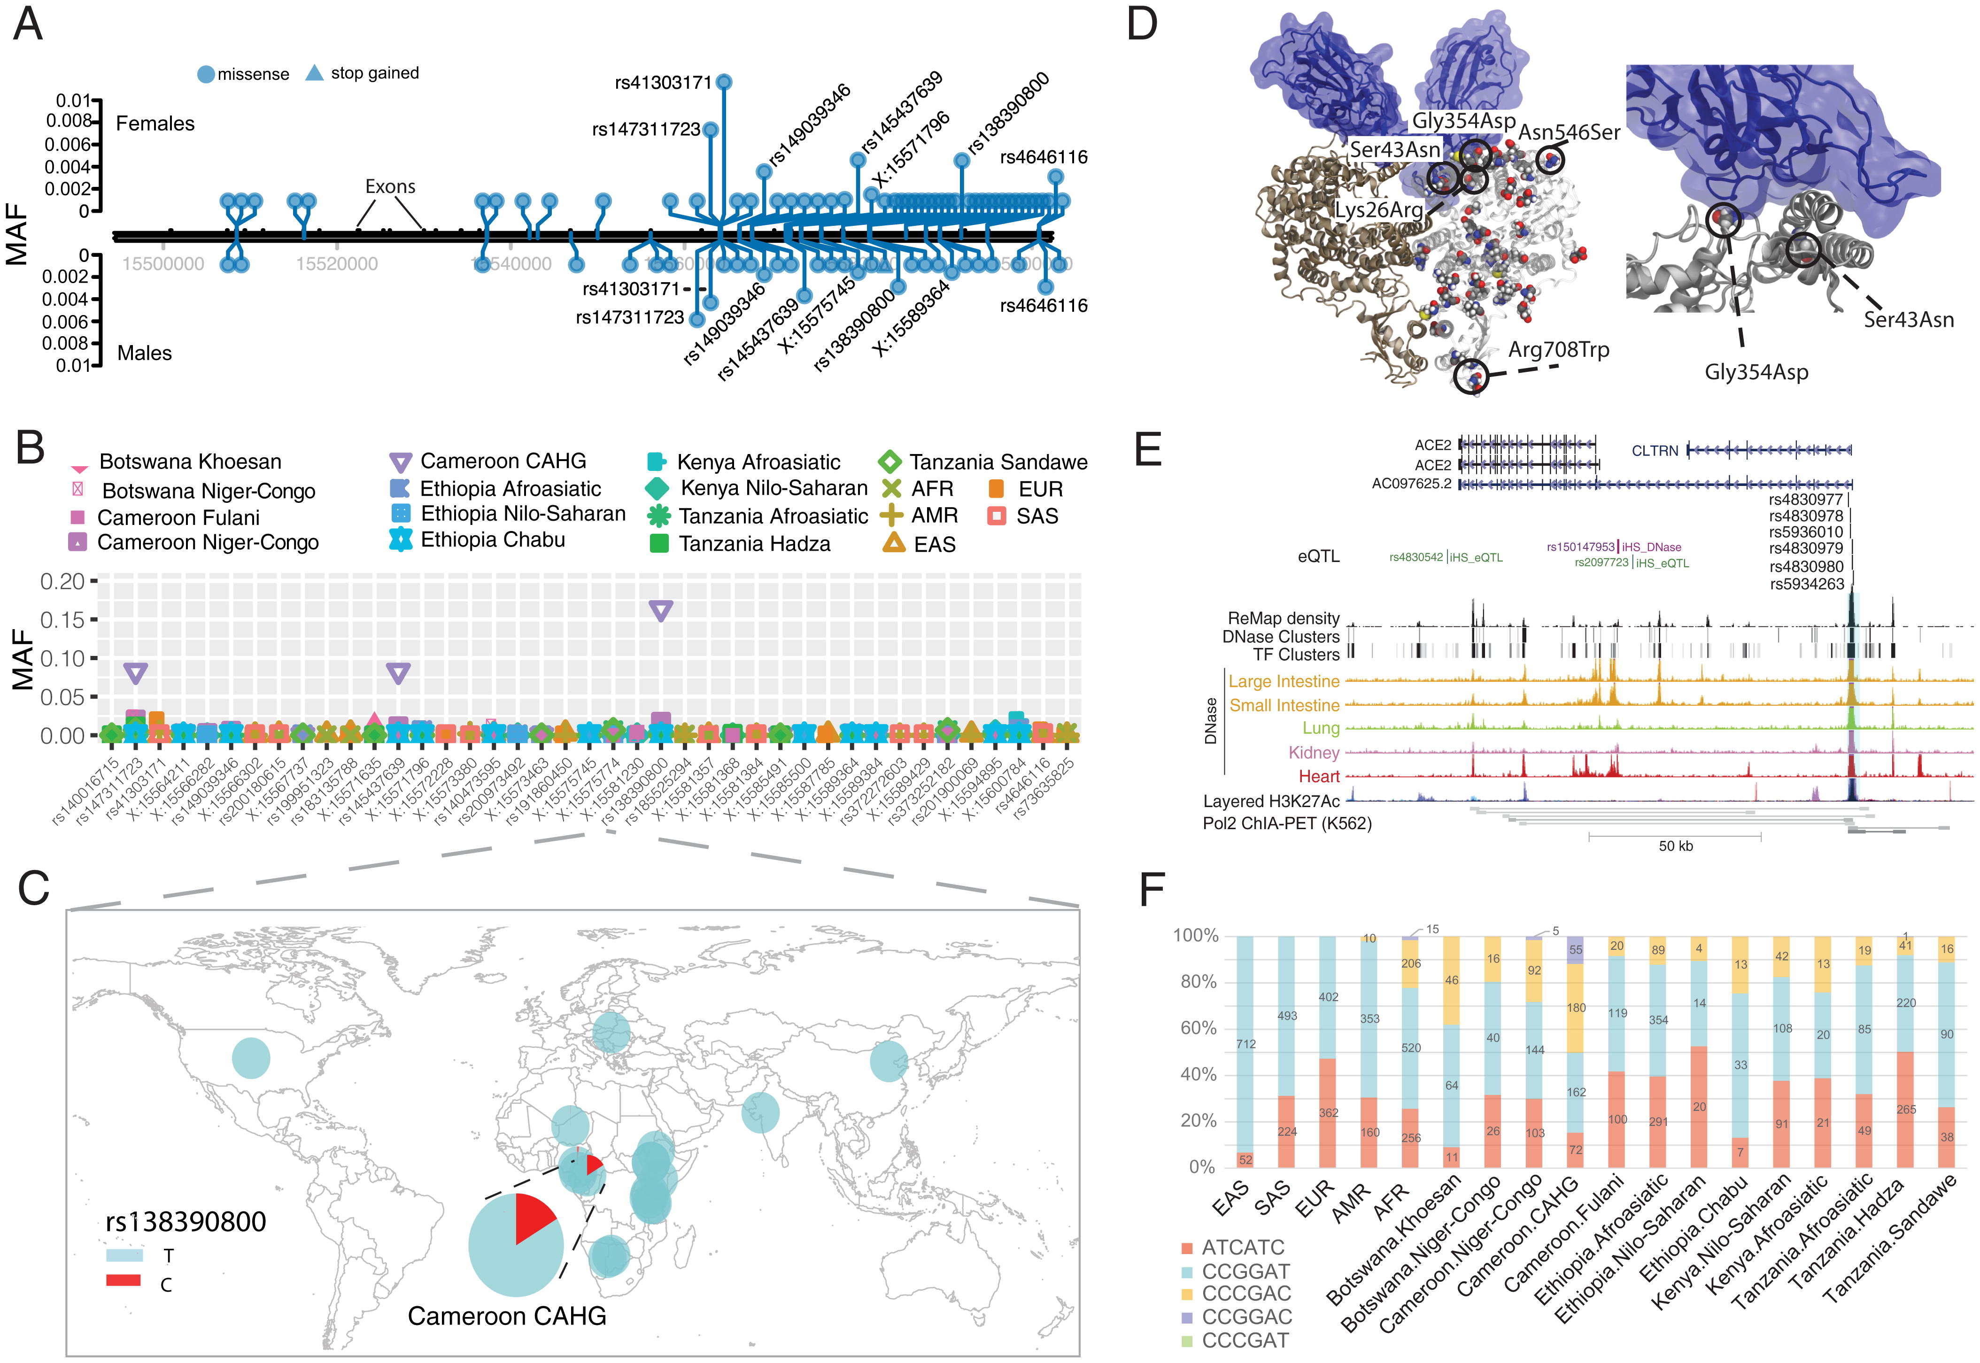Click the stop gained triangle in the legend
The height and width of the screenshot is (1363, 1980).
314,73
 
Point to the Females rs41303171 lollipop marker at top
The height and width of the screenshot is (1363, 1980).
724,82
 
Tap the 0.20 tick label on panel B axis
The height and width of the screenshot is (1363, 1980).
62,582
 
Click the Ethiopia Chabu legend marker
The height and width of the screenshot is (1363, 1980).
400,540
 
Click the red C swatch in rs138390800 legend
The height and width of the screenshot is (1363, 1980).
123,1280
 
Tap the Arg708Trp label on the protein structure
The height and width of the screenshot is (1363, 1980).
1558,350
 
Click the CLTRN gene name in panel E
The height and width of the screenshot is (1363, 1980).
1655,451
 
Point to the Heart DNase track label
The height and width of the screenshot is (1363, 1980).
1319,776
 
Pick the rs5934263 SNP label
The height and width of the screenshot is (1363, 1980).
1806,584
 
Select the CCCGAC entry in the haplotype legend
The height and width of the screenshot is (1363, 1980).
1246,1294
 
